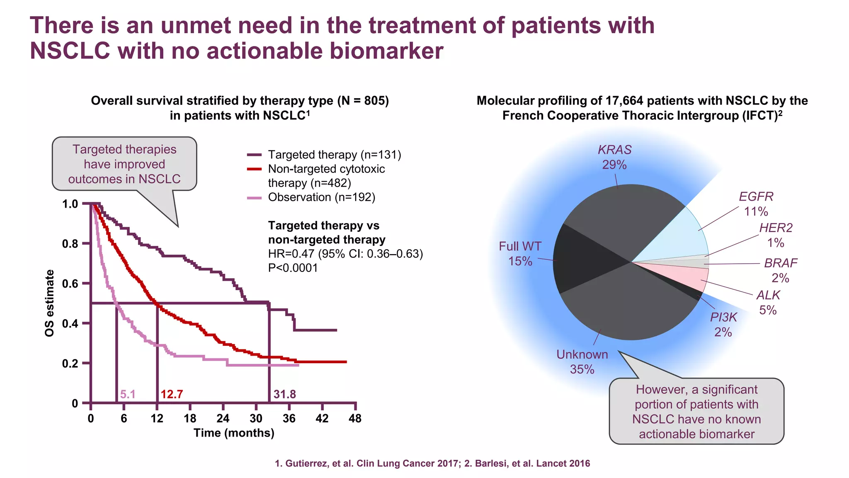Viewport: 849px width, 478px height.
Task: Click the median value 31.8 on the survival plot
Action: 284,394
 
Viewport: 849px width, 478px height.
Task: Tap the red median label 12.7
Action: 172,394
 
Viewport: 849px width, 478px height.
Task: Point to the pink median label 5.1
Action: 128,394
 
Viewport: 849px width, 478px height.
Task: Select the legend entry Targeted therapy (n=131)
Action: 334,155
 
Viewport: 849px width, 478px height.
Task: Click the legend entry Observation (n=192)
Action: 321,197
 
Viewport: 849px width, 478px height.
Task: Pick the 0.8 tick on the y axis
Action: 70,244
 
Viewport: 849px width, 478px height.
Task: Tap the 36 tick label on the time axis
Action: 289,418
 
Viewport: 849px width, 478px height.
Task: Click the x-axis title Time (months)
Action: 234,433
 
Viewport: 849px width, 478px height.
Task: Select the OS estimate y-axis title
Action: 49,303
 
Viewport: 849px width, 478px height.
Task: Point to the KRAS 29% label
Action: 614,157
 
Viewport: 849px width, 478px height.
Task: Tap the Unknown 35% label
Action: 582,362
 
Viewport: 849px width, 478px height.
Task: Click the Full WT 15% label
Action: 520,253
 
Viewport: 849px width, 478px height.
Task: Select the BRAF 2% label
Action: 781,270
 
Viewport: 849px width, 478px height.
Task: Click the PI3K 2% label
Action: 723,324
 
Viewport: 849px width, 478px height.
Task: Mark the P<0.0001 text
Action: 293,268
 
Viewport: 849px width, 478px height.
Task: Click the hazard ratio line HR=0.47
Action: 345,254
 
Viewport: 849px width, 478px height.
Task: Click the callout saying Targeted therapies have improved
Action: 124,164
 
